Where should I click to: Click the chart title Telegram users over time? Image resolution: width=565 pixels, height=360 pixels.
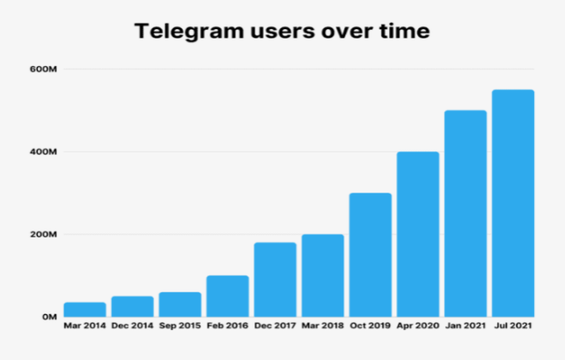[282, 33]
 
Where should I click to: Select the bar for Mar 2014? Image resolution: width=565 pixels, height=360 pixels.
[84, 309]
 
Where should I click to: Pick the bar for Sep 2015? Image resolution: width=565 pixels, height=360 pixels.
[180, 305]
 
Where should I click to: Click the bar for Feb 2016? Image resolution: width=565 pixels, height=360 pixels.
[227, 297]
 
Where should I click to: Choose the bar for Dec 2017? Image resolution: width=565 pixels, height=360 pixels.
[275, 280]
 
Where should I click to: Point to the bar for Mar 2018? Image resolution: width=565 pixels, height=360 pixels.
[322, 276]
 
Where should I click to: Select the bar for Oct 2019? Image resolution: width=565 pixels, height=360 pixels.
[370, 255]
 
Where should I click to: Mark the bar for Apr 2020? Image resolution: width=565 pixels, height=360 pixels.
[417, 234]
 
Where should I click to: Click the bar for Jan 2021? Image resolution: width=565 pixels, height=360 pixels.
[465, 214]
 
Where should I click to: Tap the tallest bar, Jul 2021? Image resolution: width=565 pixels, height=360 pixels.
[512, 203]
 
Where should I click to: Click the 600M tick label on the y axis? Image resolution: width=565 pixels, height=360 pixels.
[44, 70]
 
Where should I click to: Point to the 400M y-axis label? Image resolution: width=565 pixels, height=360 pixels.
[44, 152]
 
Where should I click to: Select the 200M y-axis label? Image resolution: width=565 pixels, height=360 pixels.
[44, 235]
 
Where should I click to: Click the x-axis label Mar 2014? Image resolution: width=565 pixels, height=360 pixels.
[84, 327]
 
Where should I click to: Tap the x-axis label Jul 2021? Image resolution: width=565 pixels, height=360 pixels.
[512, 327]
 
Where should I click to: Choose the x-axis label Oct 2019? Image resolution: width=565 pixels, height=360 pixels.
[370, 327]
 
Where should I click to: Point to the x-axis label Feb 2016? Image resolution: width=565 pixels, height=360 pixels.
[227, 327]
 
